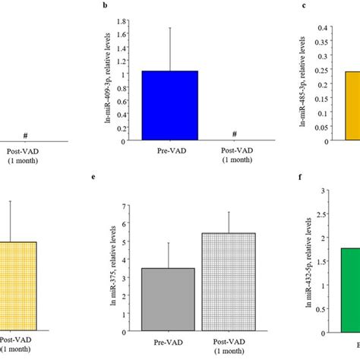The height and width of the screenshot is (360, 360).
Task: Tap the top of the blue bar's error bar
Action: (170, 27)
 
